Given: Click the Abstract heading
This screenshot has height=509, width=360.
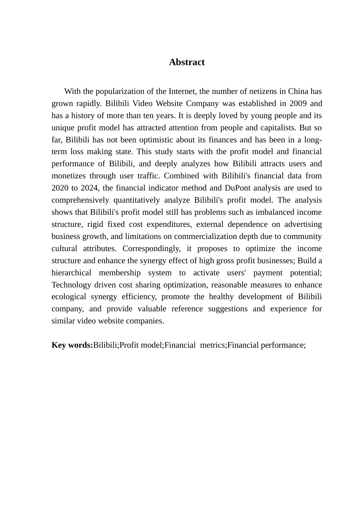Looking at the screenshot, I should tap(186, 62).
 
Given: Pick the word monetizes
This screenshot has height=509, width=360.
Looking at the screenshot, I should tap(69, 176).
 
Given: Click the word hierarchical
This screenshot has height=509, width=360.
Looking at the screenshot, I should tap(71, 273).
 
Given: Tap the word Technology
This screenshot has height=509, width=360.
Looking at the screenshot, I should tap(70, 285).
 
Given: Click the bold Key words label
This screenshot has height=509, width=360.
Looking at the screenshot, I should tap(72, 345).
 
